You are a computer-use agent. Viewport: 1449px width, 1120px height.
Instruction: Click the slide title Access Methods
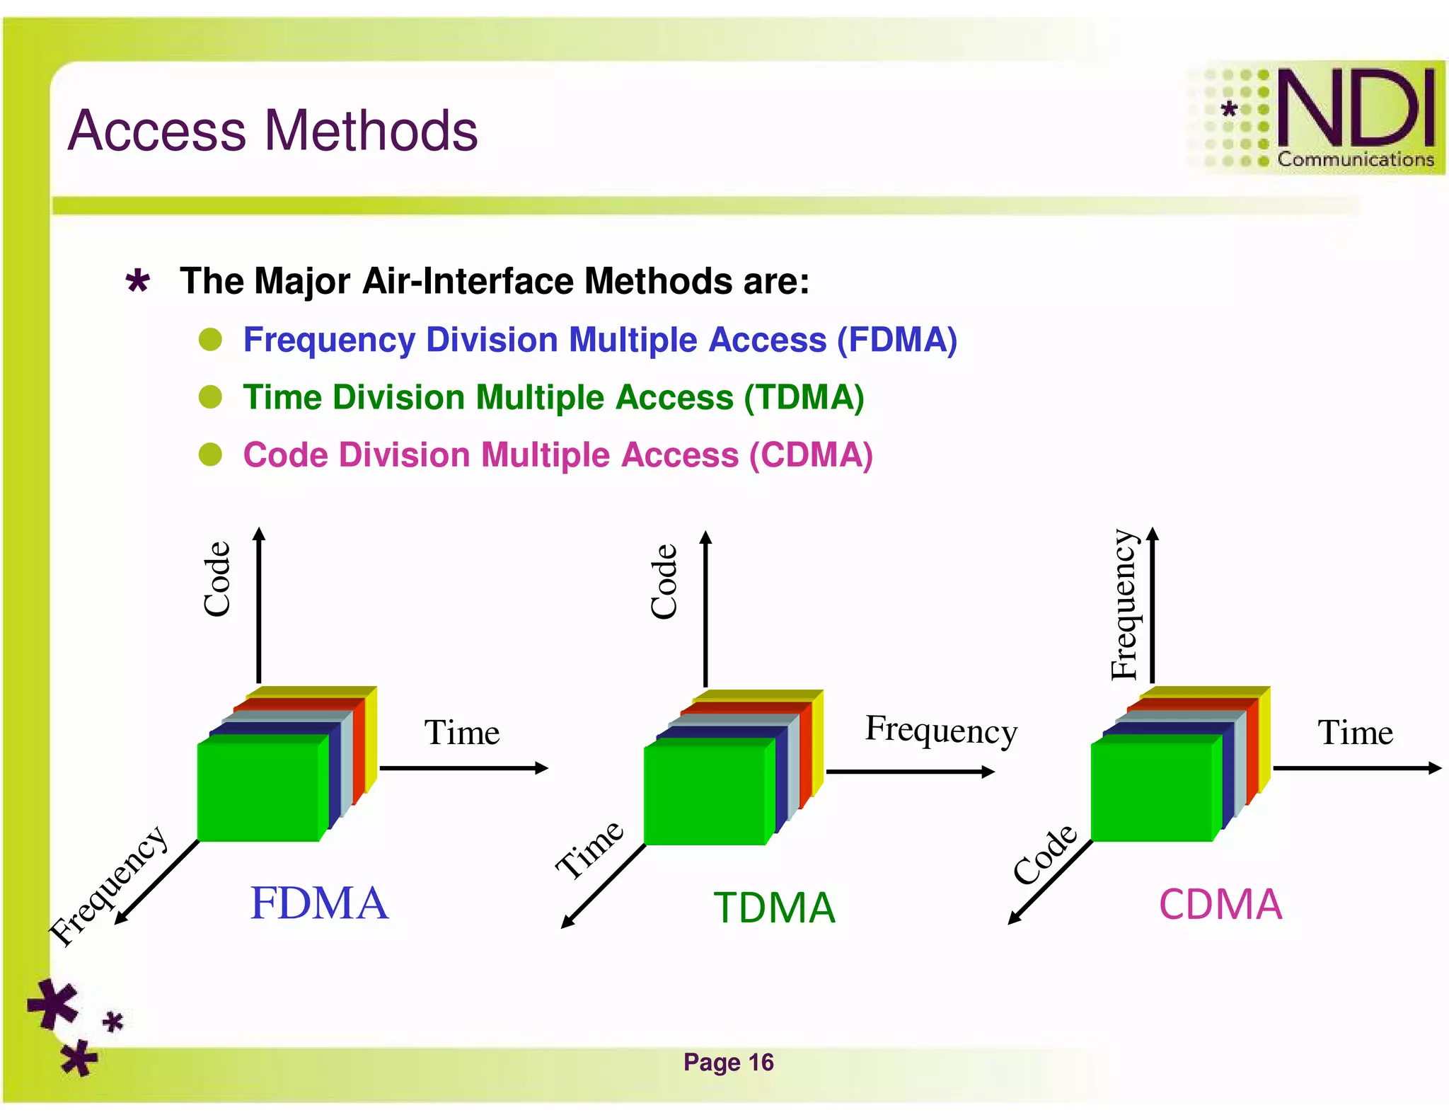coord(272,131)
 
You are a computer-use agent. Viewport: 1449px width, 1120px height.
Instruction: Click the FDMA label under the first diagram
coord(319,903)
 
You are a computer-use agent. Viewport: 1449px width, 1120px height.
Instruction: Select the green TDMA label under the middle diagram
coord(774,908)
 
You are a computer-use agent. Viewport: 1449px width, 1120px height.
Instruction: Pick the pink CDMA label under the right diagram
coord(1220,905)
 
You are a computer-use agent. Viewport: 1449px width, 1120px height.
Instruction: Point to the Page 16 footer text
coord(728,1062)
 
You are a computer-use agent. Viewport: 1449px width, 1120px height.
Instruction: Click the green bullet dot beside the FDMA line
coord(210,340)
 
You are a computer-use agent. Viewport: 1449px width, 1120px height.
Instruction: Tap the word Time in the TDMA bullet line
coord(282,397)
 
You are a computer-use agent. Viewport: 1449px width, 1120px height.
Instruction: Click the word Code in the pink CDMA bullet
coord(285,455)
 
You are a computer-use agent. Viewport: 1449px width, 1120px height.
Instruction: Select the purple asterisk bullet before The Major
coord(137,282)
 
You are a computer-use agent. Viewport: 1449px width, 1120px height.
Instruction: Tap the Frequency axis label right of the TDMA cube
coord(941,730)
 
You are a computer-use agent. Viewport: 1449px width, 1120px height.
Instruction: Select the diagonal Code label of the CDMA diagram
coord(1044,854)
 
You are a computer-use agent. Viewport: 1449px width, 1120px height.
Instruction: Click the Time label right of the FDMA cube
coord(461,732)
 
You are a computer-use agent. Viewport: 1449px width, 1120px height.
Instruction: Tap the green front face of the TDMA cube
coord(705,792)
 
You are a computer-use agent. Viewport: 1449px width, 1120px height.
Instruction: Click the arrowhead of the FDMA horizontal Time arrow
coord(542,768)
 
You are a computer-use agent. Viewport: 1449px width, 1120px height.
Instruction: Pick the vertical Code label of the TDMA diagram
coord(664,582)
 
